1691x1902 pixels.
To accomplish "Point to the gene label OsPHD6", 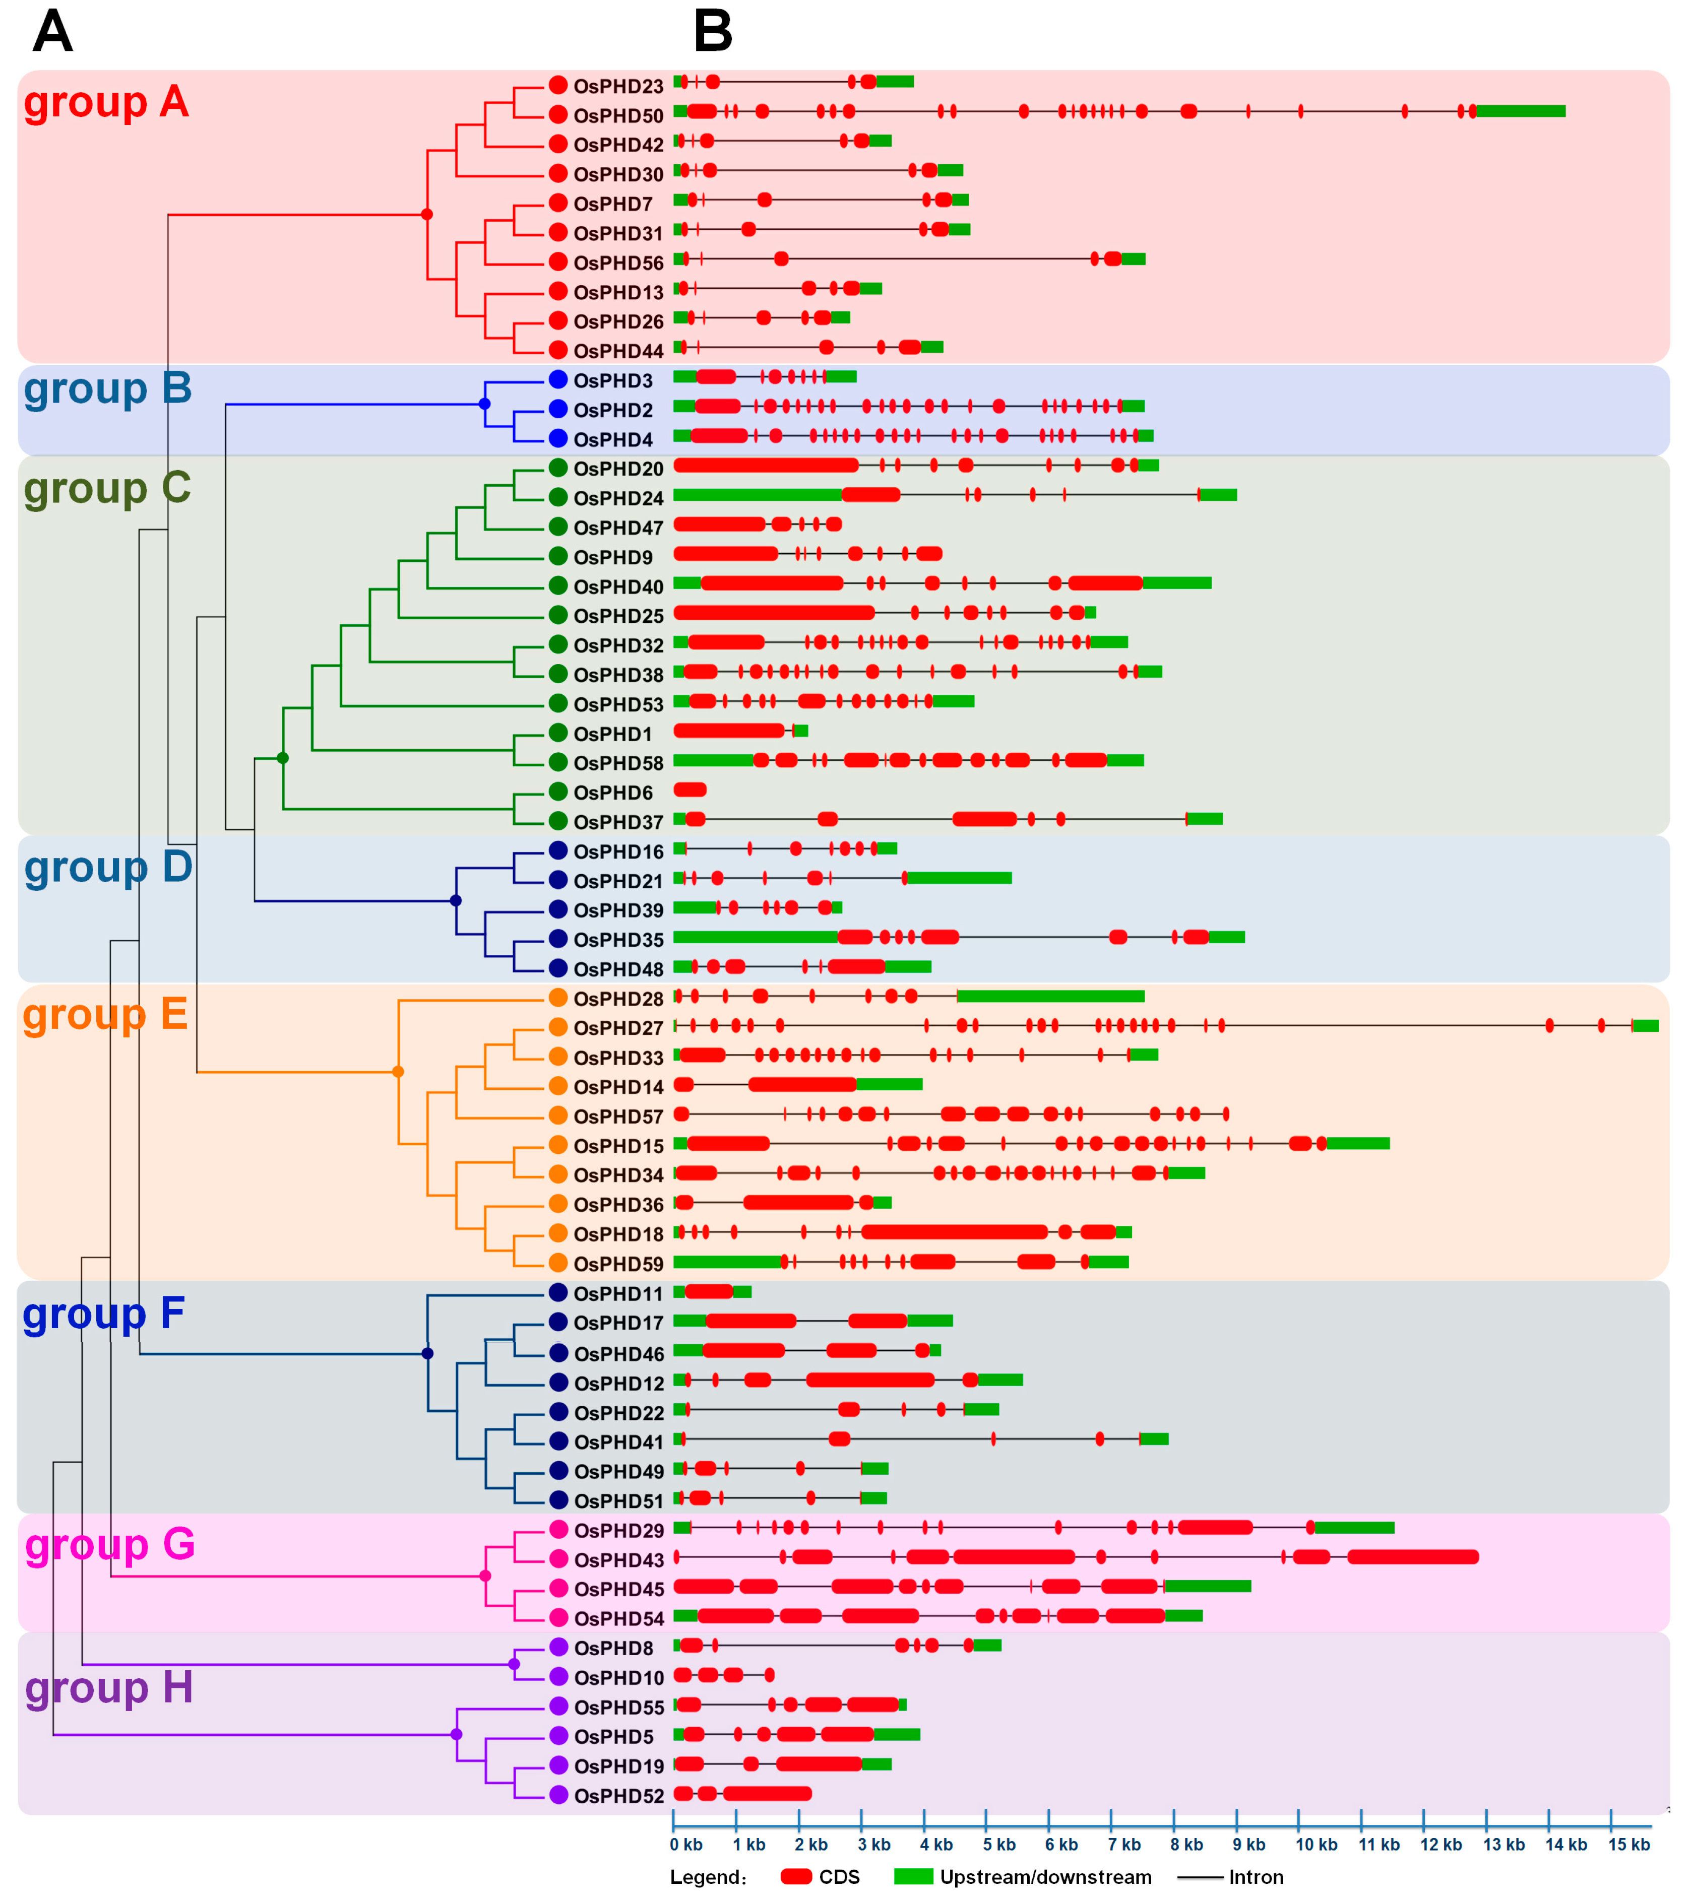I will point(612,793).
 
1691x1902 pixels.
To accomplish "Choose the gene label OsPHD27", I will point(618,1028).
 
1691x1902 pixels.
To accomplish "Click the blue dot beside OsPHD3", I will point(558,380).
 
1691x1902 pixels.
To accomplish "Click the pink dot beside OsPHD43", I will point(558,1559).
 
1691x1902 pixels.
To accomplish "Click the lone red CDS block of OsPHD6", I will point(690,790).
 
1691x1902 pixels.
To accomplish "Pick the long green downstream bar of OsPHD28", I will point(1051,997).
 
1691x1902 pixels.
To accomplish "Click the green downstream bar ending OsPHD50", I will point(1521,112).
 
